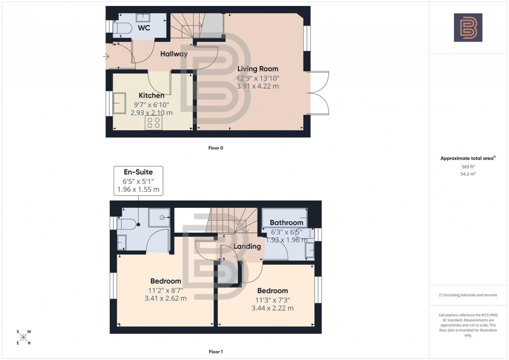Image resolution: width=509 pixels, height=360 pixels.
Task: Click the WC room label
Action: [144, 28]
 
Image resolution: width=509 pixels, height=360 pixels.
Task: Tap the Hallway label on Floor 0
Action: [174, 54]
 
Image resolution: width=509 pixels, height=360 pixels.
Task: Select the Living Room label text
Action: [257, 69]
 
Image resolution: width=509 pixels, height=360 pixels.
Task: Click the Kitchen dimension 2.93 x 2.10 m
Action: [151, 113]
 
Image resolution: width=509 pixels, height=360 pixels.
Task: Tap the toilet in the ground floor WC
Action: [121, 29]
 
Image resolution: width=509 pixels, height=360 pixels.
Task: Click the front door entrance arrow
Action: [106, 56]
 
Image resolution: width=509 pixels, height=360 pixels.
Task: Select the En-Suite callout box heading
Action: [139, 172]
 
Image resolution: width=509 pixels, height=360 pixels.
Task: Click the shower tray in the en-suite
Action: [159, 217]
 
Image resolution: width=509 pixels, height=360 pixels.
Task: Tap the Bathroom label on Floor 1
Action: [286, 223]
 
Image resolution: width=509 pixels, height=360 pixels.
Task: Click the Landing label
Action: [248, 246]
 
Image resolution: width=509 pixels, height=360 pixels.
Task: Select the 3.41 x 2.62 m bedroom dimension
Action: [165, 299]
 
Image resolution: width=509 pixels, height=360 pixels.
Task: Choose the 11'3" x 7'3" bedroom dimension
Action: [272, 300]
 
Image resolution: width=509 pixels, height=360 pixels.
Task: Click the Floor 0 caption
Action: [216, 148]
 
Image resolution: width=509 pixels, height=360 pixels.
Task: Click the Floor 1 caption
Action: [216, 352]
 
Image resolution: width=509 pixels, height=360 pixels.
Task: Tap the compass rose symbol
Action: [23, 337]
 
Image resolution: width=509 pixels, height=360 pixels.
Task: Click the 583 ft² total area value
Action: [468, 167]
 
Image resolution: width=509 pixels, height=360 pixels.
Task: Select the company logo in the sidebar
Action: [468, 27]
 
